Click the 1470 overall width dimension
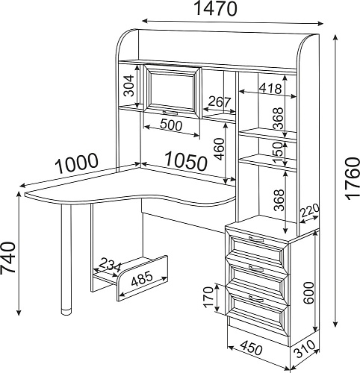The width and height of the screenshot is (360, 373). tap(215, 9)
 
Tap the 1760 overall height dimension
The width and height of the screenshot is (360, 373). tap(353, 179)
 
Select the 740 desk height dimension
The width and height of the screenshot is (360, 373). tap(7, 257)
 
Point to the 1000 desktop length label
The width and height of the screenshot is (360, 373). tap(76, 163)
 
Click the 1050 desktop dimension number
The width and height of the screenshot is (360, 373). tap(186, 162)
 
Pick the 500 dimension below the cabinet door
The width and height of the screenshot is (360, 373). tap(171, 125)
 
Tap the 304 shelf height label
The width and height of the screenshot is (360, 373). tap(129, 86)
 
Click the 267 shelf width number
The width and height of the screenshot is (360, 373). tap(220, 101)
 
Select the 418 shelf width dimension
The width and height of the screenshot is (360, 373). tap(270, 88)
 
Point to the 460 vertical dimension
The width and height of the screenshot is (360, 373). tap(220, 149)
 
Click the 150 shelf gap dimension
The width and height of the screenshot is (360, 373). tap(278, 152)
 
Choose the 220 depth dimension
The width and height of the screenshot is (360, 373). tap(309, 210)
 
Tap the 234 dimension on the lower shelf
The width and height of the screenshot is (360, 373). tap(110, 265)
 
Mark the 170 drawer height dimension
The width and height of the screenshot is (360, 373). tap(208, 297)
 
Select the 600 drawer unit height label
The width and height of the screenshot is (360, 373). tap(308, 292)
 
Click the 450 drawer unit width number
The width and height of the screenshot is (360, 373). tap(252, 348)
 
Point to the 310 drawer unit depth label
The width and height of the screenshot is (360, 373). tap(305, 349)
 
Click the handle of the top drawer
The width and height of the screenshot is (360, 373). tap(256, 239)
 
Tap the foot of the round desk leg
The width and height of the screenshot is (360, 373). tap(66, 312)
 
